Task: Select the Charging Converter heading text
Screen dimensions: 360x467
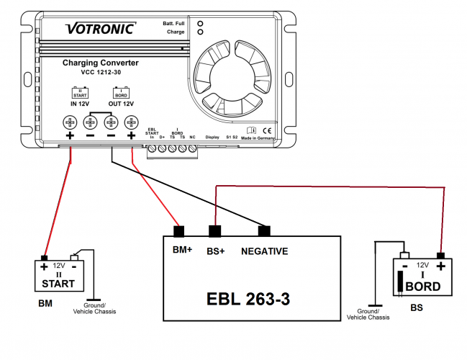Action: (100, 63)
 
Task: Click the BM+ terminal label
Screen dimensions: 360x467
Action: (182, 251)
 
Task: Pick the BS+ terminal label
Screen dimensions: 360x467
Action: (217, 251)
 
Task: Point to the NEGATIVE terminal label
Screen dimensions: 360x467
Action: (264, 251)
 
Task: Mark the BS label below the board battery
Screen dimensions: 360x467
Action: (417, 308)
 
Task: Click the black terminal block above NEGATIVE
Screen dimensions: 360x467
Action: (264, 232)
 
